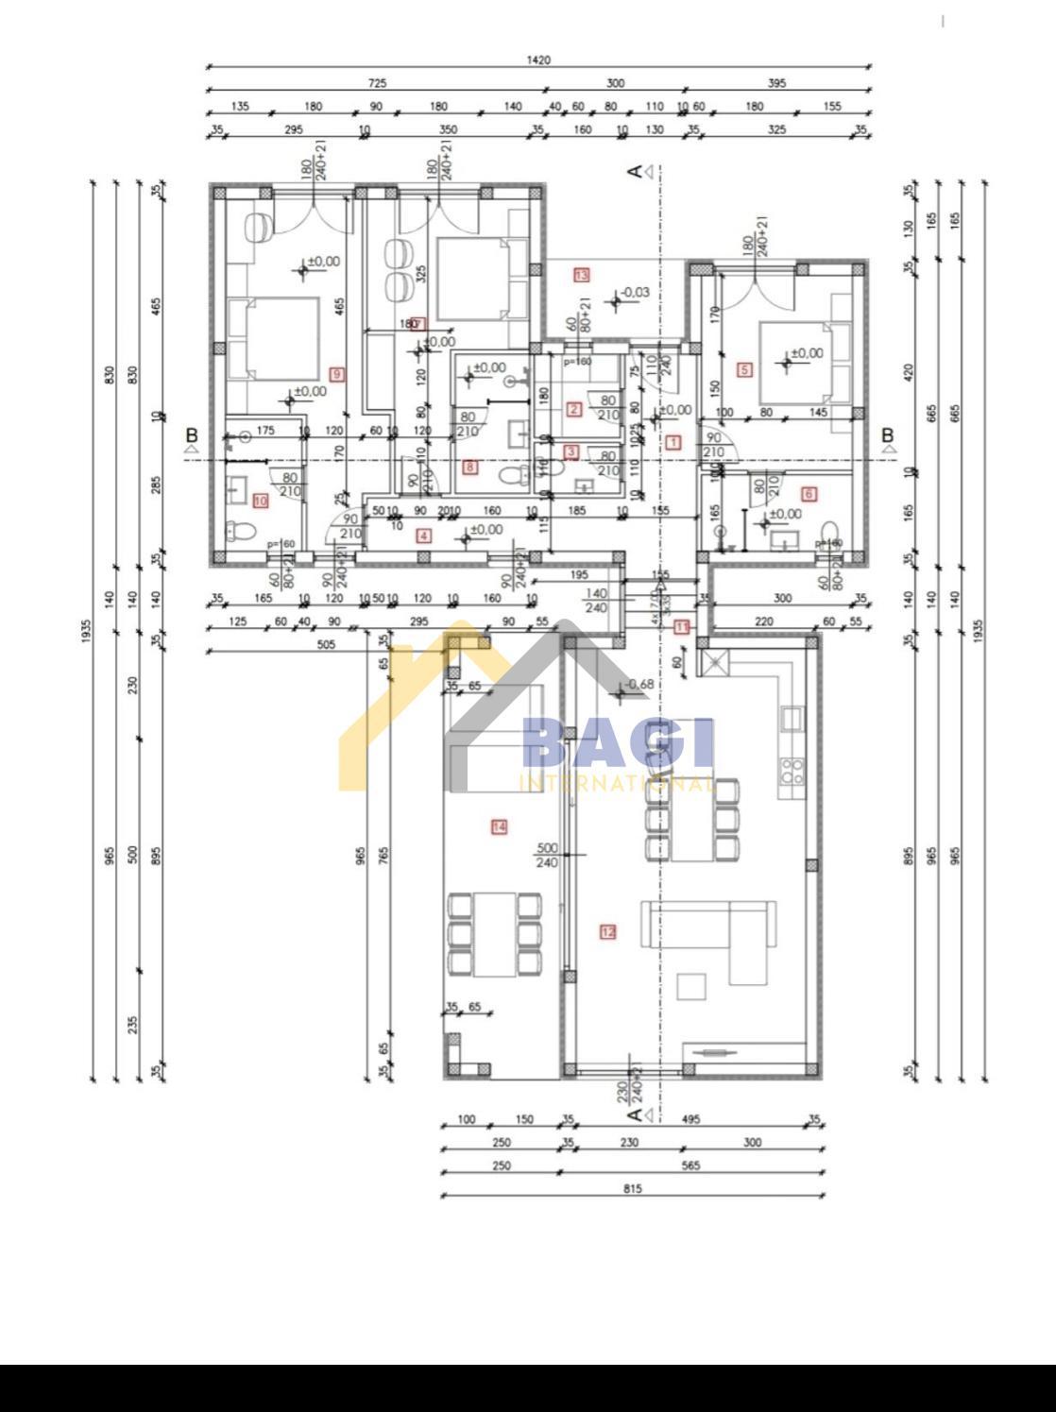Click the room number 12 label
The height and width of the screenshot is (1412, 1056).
(607, 932)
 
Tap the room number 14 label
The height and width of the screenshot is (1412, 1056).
(499, 826)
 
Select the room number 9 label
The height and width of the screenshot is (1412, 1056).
(337, 374)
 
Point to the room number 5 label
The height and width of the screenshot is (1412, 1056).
(744, 369)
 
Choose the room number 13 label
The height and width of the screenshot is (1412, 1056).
(581, 275)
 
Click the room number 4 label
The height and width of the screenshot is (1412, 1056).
(423, 536)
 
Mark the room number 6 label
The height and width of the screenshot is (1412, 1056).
(808, 493)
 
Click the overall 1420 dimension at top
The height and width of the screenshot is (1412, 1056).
(538, 60)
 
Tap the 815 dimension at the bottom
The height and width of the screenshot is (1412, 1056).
(632, 1188)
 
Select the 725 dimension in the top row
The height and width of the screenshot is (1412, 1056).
(377, 83)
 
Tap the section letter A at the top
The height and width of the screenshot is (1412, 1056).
(636, 171)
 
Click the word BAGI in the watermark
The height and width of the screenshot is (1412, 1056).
(618, 744)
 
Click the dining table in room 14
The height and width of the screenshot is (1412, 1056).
(494, 934)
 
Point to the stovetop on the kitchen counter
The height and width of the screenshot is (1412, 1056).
(792, 771)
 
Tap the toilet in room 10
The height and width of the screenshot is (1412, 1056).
(237, 531)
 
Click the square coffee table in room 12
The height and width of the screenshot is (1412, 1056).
(692, 986)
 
